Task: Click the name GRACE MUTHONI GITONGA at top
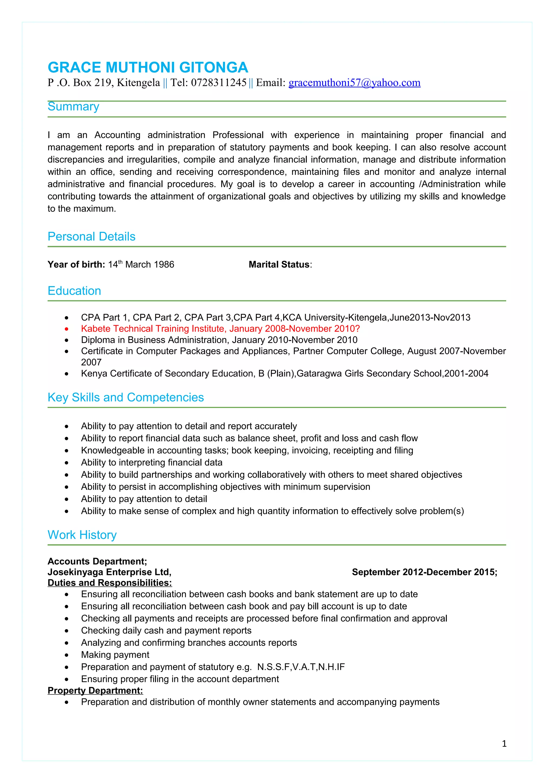tap(147, 68)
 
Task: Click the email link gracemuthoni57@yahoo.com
tap(354, 83)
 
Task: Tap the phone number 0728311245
tap(219, 83)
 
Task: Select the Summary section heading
tap(73, 106)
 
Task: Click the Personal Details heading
tap(91, 236)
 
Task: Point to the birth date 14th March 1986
tap(141, 264)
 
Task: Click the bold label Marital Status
tap(279, 264)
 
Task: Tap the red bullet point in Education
tap(67, 329)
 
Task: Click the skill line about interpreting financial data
tap(151, 463)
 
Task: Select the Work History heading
tap(82, 535)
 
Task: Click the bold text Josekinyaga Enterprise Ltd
tap(109, 572)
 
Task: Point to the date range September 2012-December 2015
tap(424, 572)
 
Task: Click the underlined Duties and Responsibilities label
tap(110, 583)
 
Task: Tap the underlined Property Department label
tap(95, 691)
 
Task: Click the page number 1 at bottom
tap(504, 744)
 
